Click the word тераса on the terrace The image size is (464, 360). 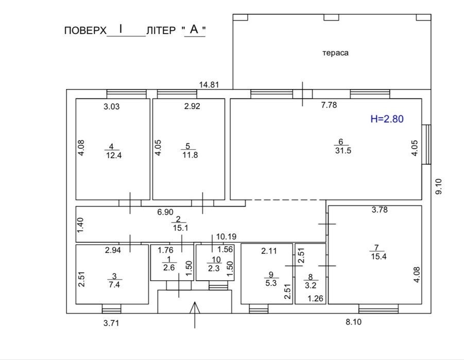point(335,53)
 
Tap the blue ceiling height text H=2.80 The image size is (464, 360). point(387,119)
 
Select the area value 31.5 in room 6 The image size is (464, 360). point(343,150)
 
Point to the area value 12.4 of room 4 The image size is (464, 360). point(114,155)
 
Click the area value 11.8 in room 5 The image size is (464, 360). point(190,155)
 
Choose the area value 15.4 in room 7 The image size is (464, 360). point(379,256)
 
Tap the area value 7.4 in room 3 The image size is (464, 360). point(114,284)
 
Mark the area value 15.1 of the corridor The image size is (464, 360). point(181,228)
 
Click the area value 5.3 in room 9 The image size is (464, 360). point(271,283)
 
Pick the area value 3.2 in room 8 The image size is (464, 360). point(311,285)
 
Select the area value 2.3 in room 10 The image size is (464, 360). point(214,268)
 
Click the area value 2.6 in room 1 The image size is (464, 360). point(169,268)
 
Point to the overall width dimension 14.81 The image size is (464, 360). point(209,84)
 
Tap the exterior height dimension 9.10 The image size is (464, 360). point(439,186)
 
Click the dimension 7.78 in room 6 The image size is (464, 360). point(329,105)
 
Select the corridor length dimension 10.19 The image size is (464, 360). point(227,236)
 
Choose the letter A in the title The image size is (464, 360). point(194,29)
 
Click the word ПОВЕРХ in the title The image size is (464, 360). point(85,30)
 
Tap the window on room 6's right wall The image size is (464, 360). point(426,145)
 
